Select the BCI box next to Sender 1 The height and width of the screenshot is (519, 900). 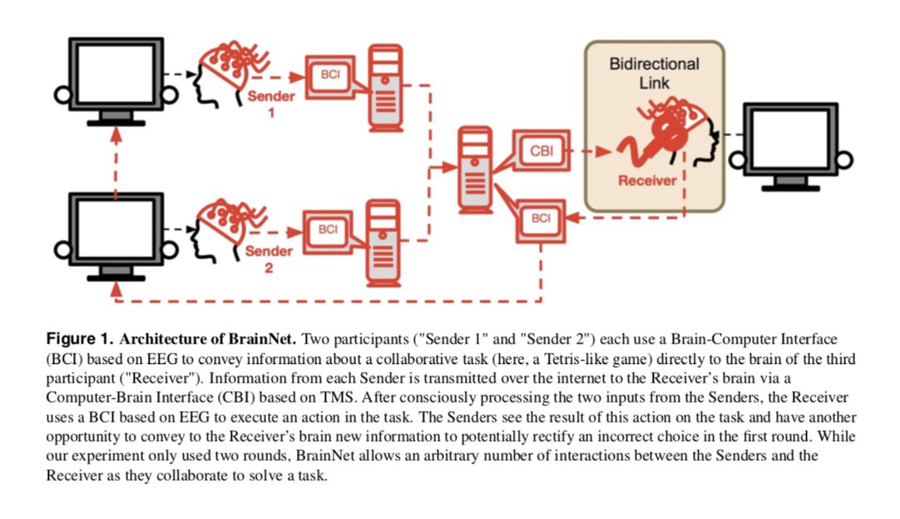click(x=329, y=75)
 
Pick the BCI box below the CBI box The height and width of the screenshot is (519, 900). click(x=541, y=218)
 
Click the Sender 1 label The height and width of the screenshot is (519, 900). click(x=270, y=104)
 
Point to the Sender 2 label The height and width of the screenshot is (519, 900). click(x=270, y=259)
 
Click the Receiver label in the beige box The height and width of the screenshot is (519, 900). click(x=647, y=179)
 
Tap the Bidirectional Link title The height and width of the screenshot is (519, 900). click(x=654, y=73)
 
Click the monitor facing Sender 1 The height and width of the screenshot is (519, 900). click(x=113, y=79)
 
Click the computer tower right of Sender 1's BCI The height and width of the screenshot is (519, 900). click(x=384, y=87)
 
